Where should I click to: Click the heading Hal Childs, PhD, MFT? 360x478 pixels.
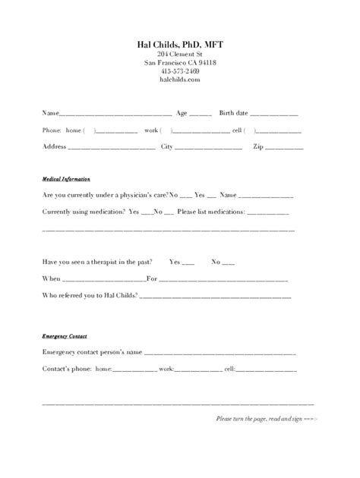[179, 45]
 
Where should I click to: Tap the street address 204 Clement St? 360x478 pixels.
[179, 55]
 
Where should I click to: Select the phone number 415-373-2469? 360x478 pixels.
[179, 71]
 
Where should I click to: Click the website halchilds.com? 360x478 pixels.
[179, 79]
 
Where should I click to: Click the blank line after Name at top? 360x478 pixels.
[114, 115]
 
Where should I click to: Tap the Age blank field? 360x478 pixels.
[201, 115]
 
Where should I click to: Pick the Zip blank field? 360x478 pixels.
[283, 146]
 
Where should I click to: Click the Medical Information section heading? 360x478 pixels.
[66, 179]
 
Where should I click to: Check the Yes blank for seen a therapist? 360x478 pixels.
[188, 263]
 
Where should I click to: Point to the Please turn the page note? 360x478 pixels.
[267, 418]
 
